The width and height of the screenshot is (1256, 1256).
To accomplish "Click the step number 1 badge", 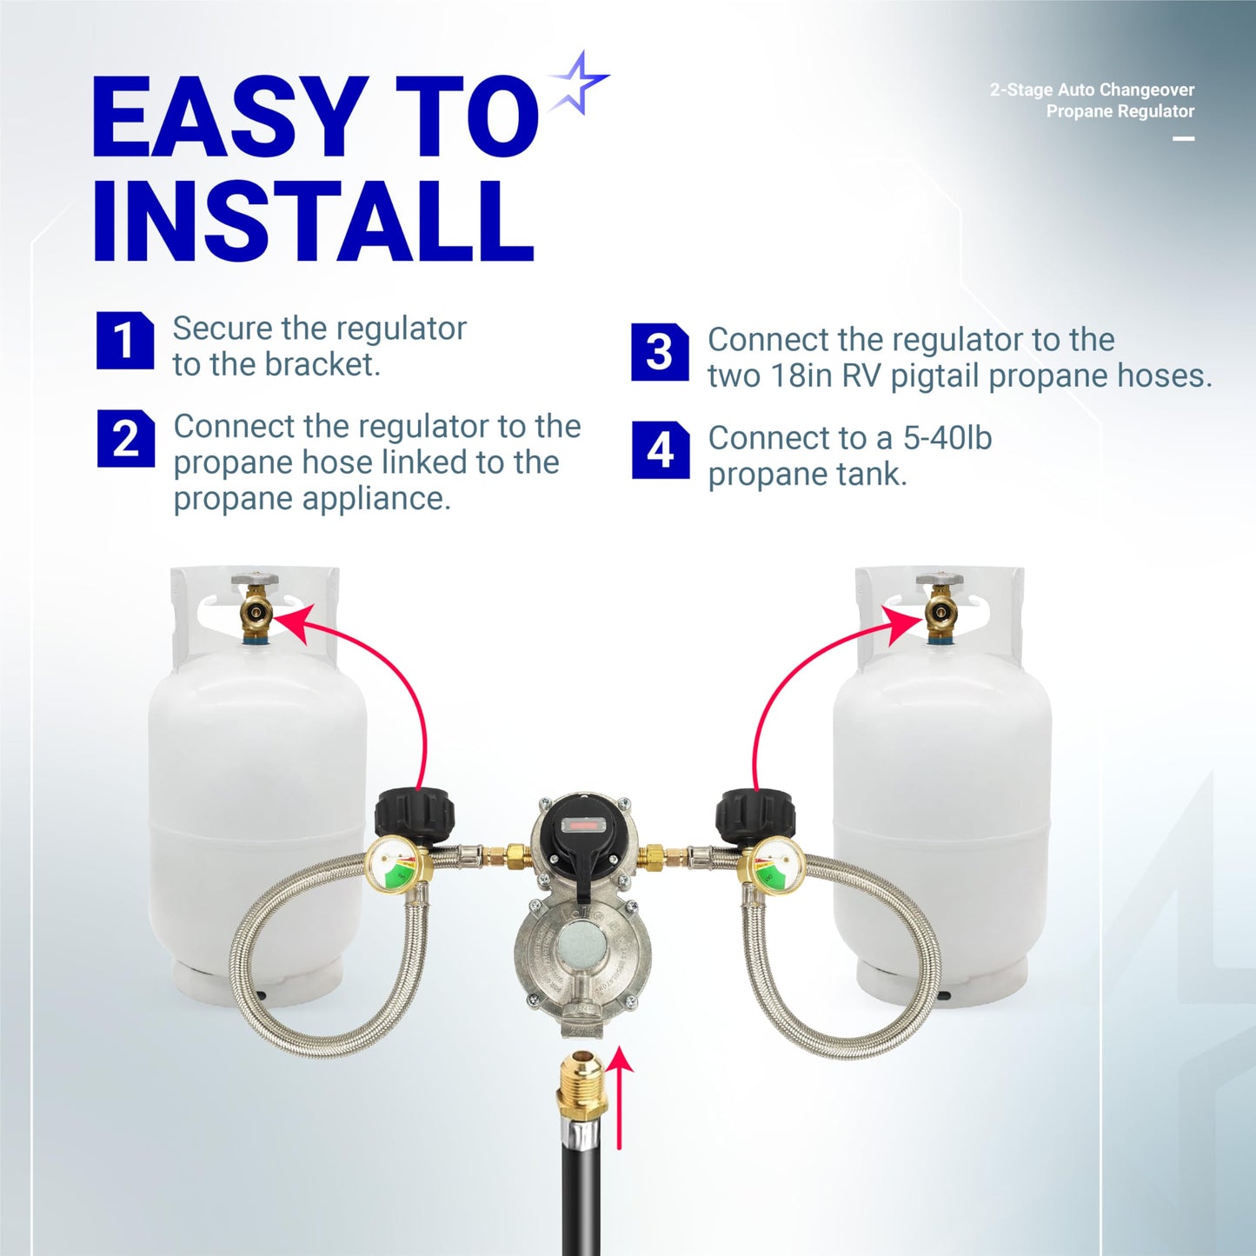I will [124, 340].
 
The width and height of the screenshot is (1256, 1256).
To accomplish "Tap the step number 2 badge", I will [125, 438].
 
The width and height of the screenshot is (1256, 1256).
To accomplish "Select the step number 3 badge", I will [660, 352].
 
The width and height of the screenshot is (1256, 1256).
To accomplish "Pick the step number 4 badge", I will [661, 450].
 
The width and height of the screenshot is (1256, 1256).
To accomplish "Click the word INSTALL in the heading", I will [313, 223].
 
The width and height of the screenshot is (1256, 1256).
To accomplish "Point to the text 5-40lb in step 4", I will [947, 438].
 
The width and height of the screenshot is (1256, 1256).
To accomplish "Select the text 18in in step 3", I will [802, 376].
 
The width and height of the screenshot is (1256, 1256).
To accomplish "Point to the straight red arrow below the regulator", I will [620, 1100].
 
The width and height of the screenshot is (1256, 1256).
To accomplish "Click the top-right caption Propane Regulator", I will [1120, 111].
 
